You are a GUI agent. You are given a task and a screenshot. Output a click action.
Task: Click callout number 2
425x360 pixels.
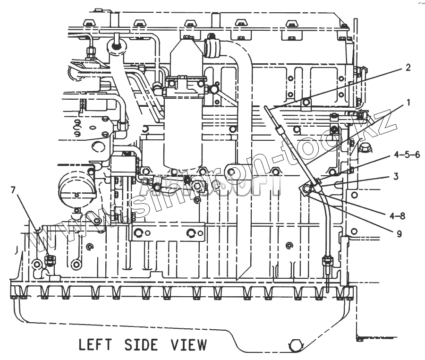pos(407,68)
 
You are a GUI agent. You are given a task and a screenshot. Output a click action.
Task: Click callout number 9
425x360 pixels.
pos(399,233)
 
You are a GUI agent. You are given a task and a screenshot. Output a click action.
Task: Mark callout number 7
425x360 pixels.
pos(13,190)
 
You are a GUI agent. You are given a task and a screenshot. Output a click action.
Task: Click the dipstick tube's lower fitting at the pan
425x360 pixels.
pos(326,261)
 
